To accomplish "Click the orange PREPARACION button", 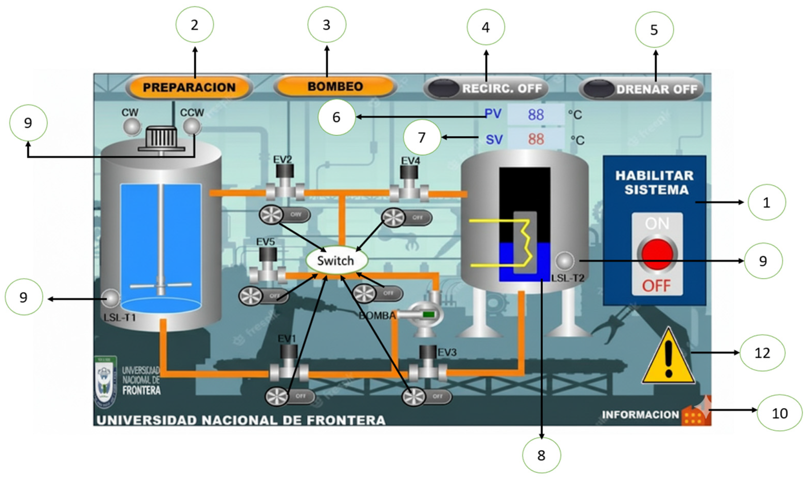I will click(x=189, y=88).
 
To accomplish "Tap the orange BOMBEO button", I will click(x=335, y=87).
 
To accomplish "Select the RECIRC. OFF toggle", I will click(x=486, y=89).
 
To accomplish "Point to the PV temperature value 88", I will click(x=536, y=114).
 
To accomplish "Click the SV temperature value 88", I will click(x=536, y=139).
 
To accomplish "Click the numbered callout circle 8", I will click(x=541, y=455).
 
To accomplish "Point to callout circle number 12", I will click(x=762, y=353).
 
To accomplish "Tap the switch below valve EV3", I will click(x=426, y=396).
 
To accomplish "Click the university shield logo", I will click(x=105, y=383).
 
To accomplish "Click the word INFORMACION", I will click(x=641, y=415).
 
